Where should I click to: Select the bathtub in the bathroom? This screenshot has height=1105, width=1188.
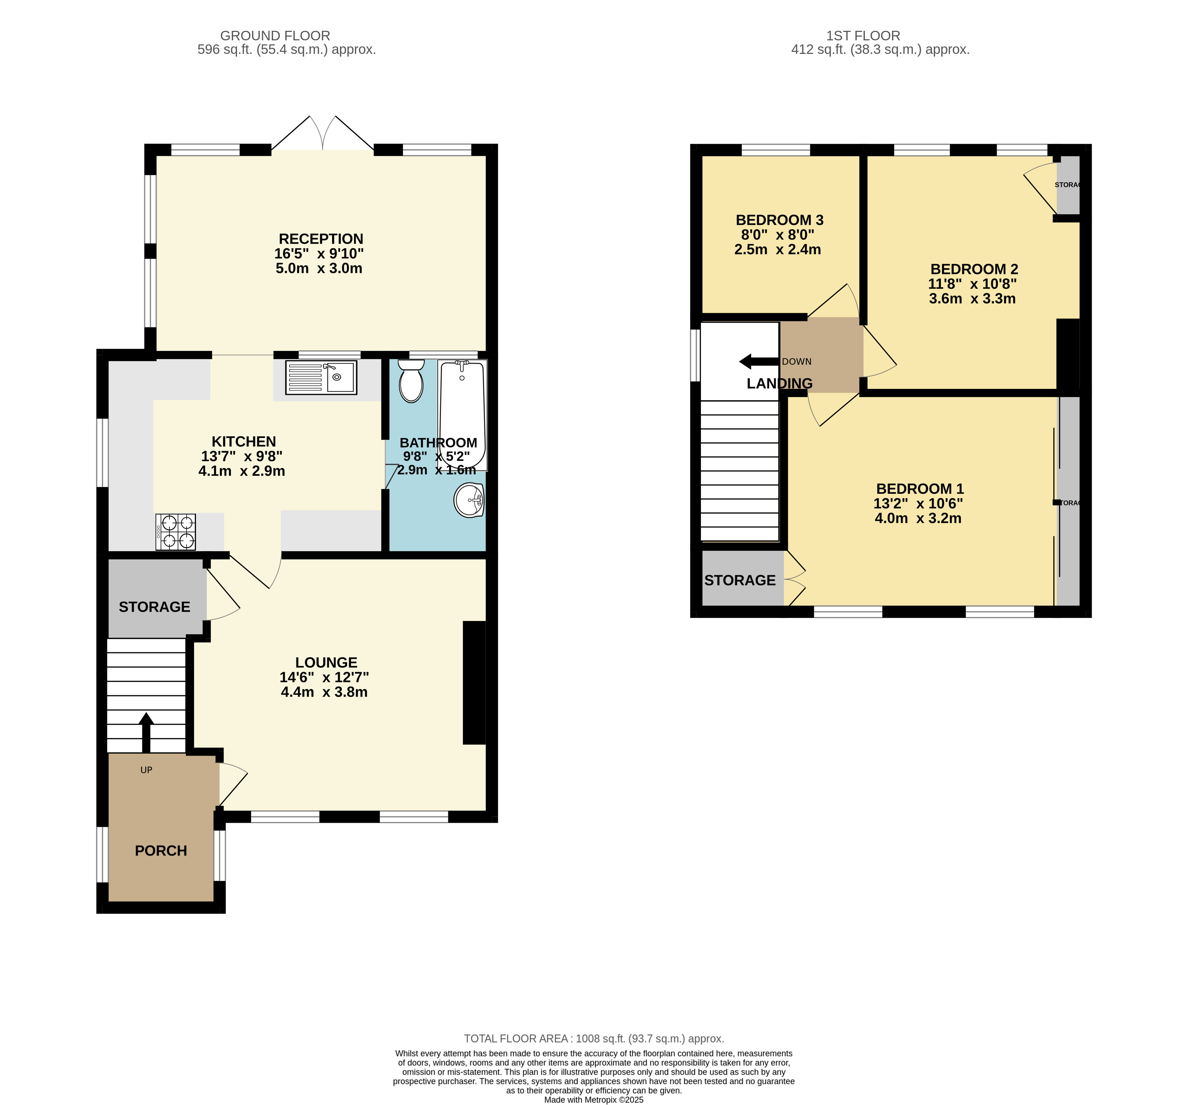462,415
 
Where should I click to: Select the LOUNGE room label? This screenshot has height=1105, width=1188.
326,663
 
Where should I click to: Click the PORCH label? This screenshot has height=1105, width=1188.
161,851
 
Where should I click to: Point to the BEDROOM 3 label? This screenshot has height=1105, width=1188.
779,220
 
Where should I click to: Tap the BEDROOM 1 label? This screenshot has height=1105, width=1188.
920,488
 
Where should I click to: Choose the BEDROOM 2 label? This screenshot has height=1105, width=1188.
974,269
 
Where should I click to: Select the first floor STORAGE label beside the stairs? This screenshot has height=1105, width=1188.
740,580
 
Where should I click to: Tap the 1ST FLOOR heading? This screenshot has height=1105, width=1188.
863,36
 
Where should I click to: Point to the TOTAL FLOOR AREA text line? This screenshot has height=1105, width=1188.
594,1039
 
